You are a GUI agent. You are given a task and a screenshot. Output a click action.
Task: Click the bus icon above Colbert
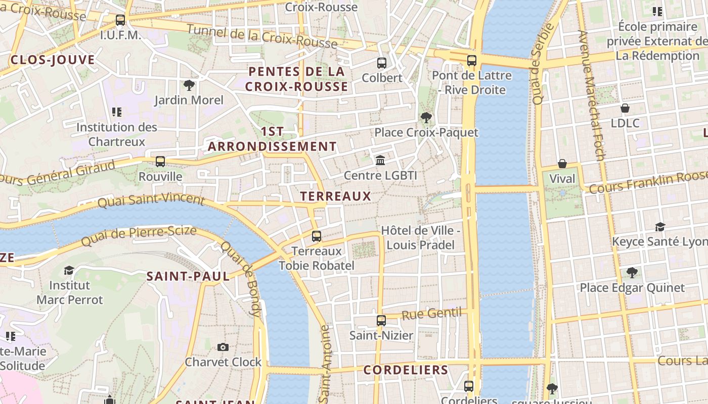point(382,63)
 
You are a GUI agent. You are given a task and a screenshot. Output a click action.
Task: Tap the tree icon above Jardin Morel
point(189,85)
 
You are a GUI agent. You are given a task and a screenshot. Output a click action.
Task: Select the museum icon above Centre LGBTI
point(380,161)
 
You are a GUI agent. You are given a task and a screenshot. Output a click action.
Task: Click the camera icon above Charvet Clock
point(223,347)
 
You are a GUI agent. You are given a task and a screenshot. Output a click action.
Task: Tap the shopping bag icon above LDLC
point(625,108)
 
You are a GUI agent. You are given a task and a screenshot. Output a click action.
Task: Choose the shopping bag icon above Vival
point(562,164)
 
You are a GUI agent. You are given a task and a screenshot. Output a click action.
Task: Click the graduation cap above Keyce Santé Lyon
point(660,227)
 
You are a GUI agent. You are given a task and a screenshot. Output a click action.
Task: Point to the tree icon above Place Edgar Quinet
point(632,273)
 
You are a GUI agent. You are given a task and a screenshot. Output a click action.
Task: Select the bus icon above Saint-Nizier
point(381,320)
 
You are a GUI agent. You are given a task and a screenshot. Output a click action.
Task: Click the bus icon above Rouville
point(160,162)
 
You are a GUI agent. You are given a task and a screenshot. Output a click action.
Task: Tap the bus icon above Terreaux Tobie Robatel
point(317,236)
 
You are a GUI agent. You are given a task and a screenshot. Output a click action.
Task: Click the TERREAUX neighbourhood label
point(335,196)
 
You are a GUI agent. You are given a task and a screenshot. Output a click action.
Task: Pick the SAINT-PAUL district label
point(188,276)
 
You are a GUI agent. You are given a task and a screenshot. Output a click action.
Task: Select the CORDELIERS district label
point(406,370)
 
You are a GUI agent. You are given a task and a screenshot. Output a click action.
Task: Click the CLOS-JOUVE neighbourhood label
point(53,60)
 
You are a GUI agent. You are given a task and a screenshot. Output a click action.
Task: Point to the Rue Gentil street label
point(432,314)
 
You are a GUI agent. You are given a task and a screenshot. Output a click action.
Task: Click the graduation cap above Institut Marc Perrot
point(69,271)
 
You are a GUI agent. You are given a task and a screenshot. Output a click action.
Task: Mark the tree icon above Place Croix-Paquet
point(426,118)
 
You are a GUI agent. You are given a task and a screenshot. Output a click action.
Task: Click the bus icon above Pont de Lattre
point(472,61)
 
